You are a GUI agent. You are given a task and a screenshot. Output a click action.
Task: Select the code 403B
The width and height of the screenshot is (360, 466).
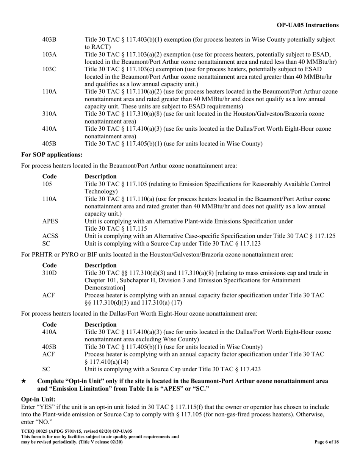pos(50,39)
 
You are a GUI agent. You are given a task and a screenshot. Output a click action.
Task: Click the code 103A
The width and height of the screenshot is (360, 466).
pos(50,54)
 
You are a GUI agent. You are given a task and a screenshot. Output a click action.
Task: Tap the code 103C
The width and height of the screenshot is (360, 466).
pos(50,69)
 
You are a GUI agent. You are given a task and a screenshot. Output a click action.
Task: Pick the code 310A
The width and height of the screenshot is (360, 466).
pos(50,114)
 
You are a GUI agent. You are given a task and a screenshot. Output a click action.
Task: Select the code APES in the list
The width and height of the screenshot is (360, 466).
pos(50,221)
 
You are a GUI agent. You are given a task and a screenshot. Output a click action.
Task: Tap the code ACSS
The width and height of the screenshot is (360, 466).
pos(50,236)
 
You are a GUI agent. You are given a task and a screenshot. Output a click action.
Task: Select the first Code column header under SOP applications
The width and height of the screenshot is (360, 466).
pos(49,176)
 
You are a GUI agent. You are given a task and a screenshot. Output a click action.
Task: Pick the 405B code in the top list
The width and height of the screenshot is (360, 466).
pos(50,144)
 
